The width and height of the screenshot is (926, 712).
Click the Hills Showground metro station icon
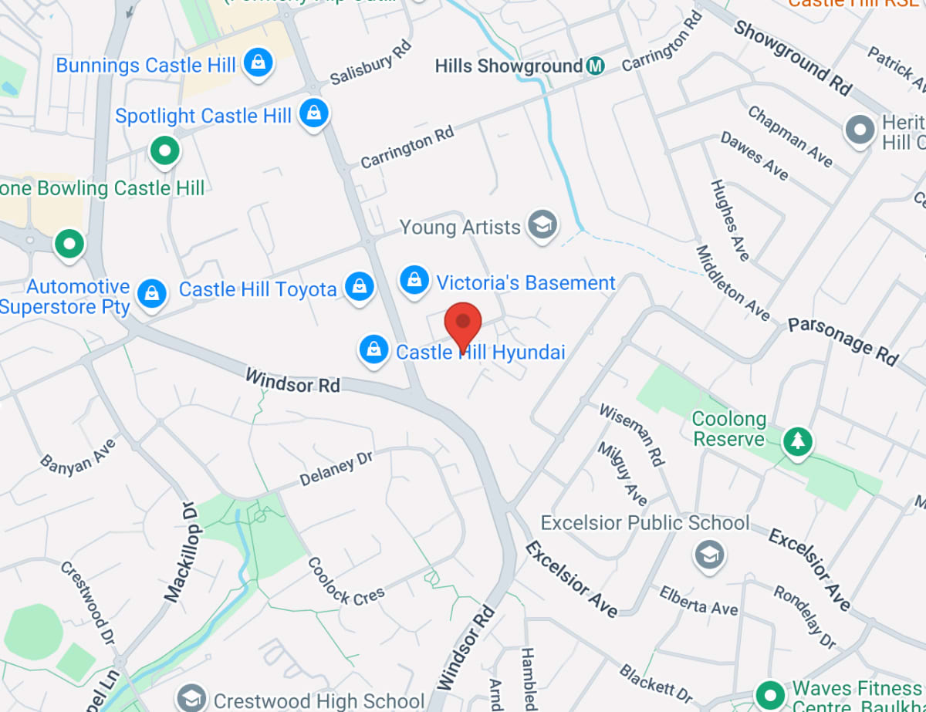click(594, 66)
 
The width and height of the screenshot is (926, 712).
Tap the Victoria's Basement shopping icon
click(415, 280)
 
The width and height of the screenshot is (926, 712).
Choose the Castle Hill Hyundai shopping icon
click(374, 349)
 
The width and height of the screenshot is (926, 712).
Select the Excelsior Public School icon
click(708, 553)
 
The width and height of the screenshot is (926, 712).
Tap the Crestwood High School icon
click(190, 698)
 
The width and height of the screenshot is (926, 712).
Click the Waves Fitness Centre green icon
click(769, 693)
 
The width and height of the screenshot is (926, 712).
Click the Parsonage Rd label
click(843, 340)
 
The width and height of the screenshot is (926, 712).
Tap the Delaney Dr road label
click(336, 468)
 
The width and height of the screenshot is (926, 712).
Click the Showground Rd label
click(793, 58)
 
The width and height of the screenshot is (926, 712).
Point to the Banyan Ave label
click(78, 454)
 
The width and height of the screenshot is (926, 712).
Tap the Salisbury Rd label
click(370, 64)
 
